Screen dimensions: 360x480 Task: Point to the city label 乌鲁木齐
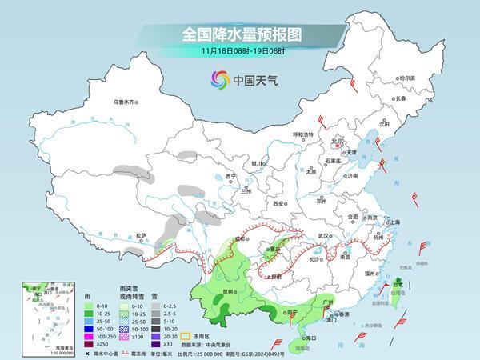(126, 102)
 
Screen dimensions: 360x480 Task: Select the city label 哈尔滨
(407, 78)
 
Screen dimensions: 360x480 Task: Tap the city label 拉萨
(141, 235)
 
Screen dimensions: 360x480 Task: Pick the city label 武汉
(323, 235)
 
